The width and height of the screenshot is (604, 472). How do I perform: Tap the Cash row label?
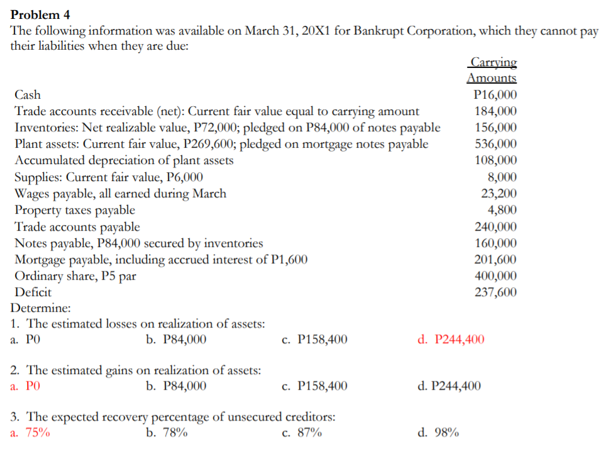pyautogui.click(x=28, y=95)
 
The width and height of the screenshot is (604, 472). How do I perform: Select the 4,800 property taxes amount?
pyautogui.click(x=502, y=210)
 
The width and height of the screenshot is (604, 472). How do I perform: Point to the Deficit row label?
pyautogui.click(x=33, y=292)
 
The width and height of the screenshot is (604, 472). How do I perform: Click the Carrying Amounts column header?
pyautogui.click(x=492, y=70)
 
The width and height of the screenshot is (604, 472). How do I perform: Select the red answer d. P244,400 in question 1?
pyautogui.click(x=451, y=340)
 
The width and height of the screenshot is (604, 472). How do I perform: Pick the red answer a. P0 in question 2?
pyautogui.click(x=26, y=386)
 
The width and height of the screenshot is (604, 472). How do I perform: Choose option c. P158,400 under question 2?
pyautogui.click(x=314, y=386)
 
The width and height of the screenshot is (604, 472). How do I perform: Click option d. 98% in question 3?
pyautogui.click(x=438, y=432)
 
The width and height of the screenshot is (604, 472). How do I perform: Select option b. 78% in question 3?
pyautogui.click(x=166, y=432)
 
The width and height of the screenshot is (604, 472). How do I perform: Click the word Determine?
pyautogui.click(x=41, y=309)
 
